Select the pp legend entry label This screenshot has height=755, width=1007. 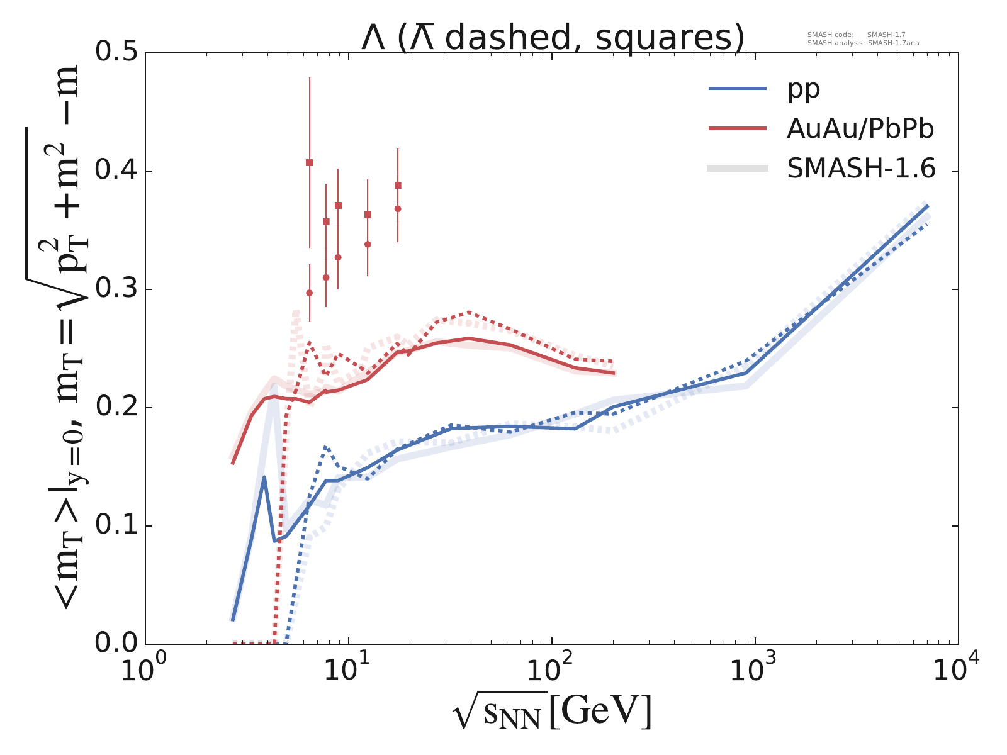pos(804,89)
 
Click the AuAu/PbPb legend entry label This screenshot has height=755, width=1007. pos(860,129)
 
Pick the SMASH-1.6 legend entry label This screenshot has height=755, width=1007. pos(861,169)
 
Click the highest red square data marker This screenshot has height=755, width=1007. pos(309,162)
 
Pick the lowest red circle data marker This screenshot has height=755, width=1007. pos(309,293)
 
